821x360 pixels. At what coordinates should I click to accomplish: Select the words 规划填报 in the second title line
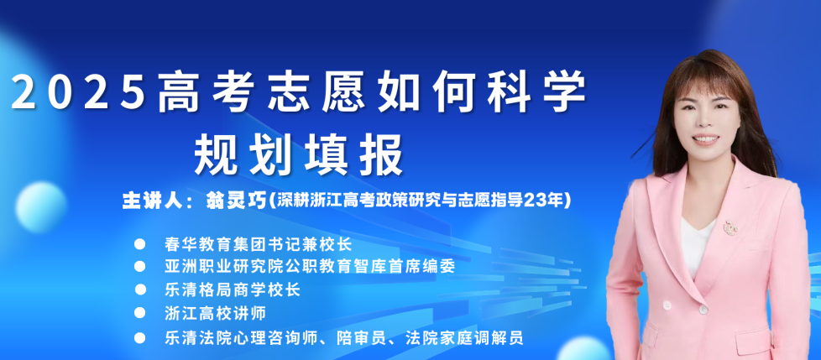point(299,155)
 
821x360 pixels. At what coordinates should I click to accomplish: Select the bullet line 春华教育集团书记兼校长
point(257,244)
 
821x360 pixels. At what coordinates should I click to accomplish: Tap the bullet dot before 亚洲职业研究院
point(140,266)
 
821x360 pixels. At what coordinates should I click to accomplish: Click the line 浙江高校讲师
point(215,314)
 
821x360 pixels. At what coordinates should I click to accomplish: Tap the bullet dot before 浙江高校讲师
point(140,313)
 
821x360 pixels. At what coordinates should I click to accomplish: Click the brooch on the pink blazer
point(729,227)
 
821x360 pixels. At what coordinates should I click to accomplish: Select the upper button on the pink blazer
point(667,305)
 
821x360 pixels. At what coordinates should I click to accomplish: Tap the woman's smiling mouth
point(705,139)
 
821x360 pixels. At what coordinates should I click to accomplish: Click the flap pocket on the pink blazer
point(753,340)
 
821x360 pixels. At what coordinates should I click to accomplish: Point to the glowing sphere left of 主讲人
point(41,207)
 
